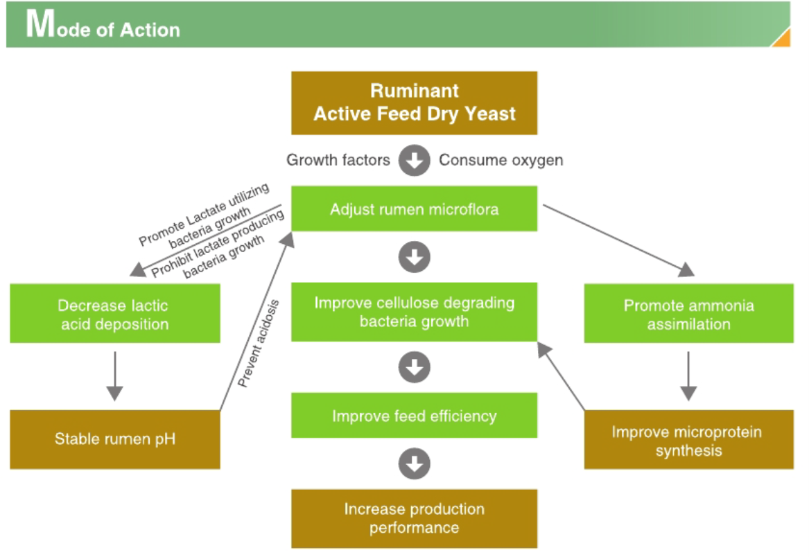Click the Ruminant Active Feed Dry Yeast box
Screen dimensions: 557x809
tap(414, 103)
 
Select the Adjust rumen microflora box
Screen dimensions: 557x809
tap(414, 209)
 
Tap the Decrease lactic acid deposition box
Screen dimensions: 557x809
tap(114, 315)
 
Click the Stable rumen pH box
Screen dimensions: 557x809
tap(114, 439)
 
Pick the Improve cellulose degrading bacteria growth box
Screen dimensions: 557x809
tap(414, 312)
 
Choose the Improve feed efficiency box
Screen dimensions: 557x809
tap(414, 416)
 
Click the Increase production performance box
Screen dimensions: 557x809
tap(414, 518)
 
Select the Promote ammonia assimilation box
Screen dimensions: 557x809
tap(688, 315)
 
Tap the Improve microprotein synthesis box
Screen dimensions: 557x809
tap(688, 441)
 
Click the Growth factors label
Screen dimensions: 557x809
tap(338, 160)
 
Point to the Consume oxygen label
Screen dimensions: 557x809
tap(501, 160)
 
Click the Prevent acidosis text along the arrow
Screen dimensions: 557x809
tap(258, 343)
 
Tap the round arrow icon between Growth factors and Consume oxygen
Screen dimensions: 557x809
tap(414, 161)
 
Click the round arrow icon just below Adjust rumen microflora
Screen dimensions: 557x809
tap(414, 258)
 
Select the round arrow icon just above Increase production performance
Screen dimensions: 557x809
tap(414, 464)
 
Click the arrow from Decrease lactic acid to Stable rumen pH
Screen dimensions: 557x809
tap(115, 376)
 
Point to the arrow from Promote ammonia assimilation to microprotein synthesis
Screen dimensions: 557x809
tap(688, 376)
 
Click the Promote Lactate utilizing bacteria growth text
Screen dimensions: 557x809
tap(205, 216)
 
